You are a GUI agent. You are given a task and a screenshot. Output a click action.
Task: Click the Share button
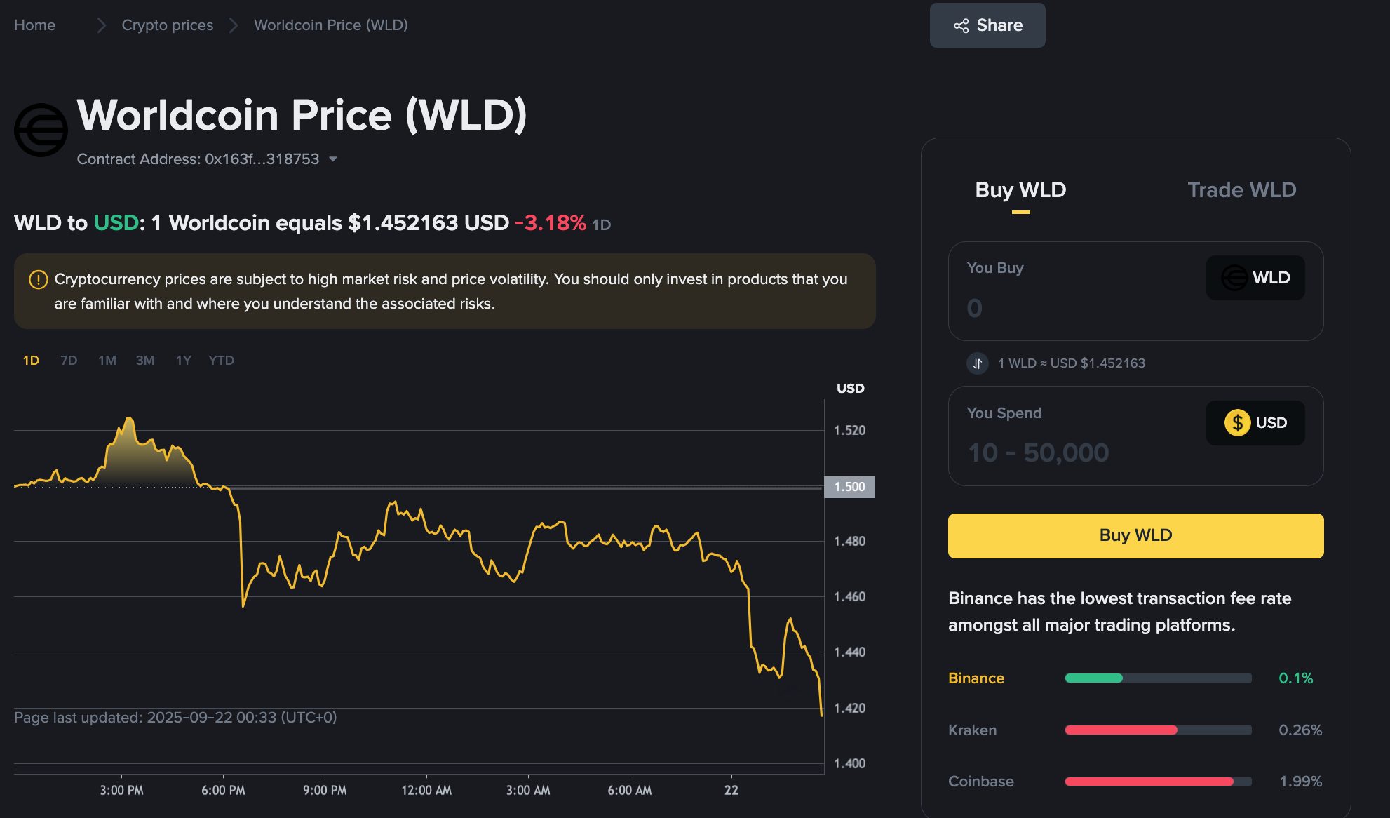pyautogui.click(x=987, y=25)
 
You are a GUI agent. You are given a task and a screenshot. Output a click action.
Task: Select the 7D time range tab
pyautogui.click(x=69, y=361)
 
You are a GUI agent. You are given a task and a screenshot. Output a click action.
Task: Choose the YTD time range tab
pyautogui.click(x=221, y=361)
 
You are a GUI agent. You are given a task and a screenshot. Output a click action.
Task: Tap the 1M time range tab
pyautogui.click(x=107, y=361)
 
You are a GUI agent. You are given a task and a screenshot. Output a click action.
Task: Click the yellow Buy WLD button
pyautogui.click(x=1135, y=535)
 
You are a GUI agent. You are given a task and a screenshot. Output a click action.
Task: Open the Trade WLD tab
pyautogui.click(x=1241, y=190)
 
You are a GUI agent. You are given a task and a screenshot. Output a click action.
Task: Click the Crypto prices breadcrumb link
pyautogui.click(x=167, y=25)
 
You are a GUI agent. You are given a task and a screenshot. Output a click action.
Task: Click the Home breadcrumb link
pyautogui.click(x=34, y=25)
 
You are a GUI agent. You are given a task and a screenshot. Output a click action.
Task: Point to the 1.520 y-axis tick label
pyautogui.click(x=849, y=430)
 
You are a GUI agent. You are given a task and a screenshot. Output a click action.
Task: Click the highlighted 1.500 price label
pyautogui.click(x=849, y=487)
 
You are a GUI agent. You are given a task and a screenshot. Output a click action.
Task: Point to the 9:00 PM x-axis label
pyautogui.click(x=325, y=791)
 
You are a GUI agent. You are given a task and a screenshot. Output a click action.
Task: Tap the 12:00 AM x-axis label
pyautogui.click(x=426, y=791)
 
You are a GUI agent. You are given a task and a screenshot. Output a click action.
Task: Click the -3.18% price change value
pyautogui.click(x=551, y=223)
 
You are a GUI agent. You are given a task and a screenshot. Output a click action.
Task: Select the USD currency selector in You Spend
pyautogui.click(x=1255, y=423)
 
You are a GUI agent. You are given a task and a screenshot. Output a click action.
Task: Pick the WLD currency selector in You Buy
pyautogui.click(x=1255, y=278)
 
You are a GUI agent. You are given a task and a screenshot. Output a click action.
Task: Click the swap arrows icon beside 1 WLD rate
pyautogui.click(x=977, y=363)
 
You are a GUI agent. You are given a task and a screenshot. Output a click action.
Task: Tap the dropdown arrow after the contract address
pyautogui.click(x=333, y=159)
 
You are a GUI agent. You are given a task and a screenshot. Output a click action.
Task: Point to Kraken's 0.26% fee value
pyautogui.click(x=1300, y=730)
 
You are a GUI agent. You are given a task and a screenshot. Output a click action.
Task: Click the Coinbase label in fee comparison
pyautogui.click(x=980, y=782)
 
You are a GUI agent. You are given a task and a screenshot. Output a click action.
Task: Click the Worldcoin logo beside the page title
pyautogui.click(x=41, y=130)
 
